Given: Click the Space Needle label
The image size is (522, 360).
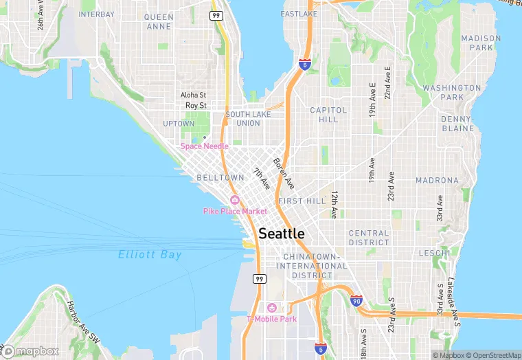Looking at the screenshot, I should pyautogui.click(x=204, y=146).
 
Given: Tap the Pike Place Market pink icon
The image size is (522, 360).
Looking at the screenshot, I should pyautogui.click(x=235, y=200).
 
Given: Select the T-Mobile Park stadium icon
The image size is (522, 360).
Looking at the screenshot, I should pyautogui.click(x=272, y=308).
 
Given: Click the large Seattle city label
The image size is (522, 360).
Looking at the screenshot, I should pyautogui.click(x=282, y=234).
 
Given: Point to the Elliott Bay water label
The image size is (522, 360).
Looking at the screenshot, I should pyautogui.click(x=150, y=254).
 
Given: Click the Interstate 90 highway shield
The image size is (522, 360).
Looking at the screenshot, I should pyautogui.click(x=356, y=301).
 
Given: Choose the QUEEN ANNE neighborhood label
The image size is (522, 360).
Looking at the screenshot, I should pyautogui.click(x=159, y=21).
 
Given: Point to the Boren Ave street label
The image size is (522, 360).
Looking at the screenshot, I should pyautogui.click(x=283, y=174).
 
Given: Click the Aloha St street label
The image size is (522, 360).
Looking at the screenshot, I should pyautogui.click(x=193, y=95).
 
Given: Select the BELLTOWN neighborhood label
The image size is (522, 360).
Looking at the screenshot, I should pyautogui.click(x=220, y=177).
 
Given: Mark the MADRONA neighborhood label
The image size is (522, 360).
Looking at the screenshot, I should pyautogui.click(x=437, y=181).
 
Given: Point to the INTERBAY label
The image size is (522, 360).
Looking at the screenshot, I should pyautogui.click(x=96, y=14).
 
